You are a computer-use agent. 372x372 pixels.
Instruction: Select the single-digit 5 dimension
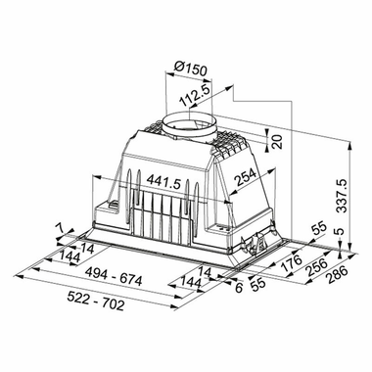click(338, 232)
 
